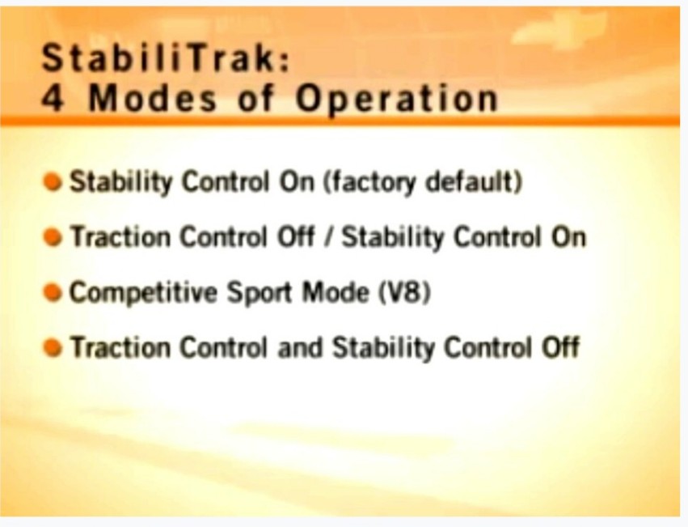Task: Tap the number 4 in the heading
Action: coord(53,98)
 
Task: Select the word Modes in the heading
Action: coord(153,98)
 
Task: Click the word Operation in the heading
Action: coord(397,100)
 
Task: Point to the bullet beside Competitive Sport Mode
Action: coord(53,292)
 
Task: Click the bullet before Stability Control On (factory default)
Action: coord(53,182)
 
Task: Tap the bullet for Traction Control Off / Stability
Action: coord(53,237)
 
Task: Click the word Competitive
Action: coord(143,293)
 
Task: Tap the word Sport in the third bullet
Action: coord(260,293)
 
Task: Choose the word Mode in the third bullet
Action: coord(336,292)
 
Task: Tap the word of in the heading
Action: coord(255,98)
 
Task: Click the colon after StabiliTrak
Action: coord(285,62)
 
